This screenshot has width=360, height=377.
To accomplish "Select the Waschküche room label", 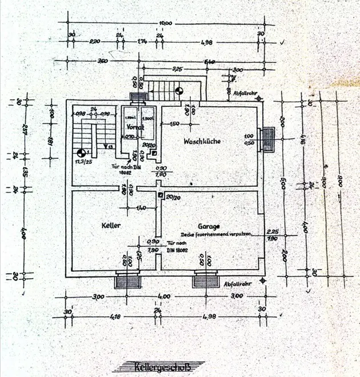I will pos(202,141).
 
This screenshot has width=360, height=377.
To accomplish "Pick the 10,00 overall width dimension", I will pos(165,22).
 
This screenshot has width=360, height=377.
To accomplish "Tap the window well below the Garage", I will pos(206,280).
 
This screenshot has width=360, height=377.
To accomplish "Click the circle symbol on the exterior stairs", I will pos(179,89).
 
